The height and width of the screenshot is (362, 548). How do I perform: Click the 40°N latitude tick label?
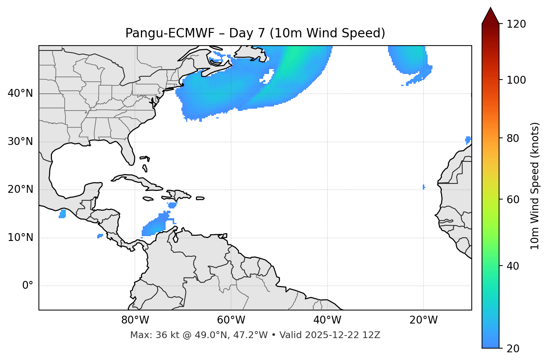20,93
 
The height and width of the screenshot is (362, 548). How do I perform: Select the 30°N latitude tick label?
20,142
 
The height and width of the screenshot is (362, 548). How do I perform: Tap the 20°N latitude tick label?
20,189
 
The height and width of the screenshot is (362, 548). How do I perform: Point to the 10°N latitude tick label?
20,238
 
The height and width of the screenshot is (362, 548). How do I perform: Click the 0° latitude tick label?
28,286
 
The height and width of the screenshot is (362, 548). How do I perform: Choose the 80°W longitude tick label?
135,320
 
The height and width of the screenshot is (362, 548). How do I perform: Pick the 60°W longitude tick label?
231,320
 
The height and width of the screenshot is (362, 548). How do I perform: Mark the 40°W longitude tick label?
327,320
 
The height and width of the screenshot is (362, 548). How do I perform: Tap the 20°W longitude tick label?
424,320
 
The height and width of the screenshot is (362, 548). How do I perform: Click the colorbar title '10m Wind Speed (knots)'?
535,186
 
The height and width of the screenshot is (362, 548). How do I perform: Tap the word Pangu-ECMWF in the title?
170,33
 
